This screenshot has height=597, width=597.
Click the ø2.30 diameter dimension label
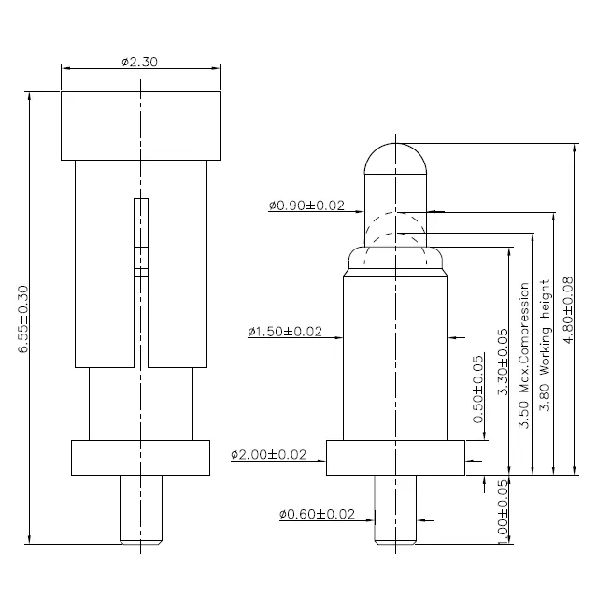click(x=139, y=62)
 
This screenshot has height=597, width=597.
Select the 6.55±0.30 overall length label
click(x=23, y=320)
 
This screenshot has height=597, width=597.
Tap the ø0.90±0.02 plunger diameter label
click(x=306, y=206)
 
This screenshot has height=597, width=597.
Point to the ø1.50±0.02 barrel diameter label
click(x=285, y=332)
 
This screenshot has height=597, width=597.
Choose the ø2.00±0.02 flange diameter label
click(x=268, y=454)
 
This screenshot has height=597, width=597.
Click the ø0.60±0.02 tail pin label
click(x=317, y=514)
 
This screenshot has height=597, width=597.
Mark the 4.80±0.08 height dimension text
click(x=568, y=310)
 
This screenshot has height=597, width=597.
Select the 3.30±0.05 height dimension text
click(x=503, y=362)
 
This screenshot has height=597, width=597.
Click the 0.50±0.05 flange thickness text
click(x=478, y=390)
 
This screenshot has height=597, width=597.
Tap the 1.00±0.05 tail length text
click(x=503, y=511)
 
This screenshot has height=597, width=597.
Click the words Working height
click(x=546, y=327)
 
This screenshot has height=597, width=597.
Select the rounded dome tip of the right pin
click(x=395, y=159)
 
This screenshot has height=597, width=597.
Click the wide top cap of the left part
click(x=141, y=125)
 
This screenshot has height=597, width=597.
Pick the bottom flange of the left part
click(x=140, y=458)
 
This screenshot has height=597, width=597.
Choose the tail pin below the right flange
click(x=395, y=509)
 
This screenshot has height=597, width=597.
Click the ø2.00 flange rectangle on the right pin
click(x=395, y=458)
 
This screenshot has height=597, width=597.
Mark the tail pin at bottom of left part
click(x=141, y=509)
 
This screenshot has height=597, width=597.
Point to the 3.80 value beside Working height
click(x=546, y=397)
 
